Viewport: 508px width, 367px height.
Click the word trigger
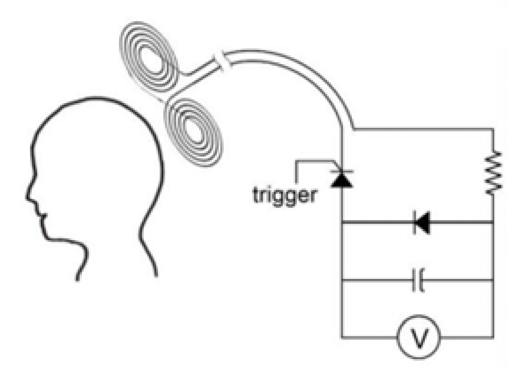[x=284, y=196]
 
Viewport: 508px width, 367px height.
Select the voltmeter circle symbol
[x=419, y=337]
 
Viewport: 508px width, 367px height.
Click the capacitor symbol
[x=418, y=280]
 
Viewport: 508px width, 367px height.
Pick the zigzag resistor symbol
[x=493, y=175]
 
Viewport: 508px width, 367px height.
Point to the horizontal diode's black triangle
[x=423, y=222]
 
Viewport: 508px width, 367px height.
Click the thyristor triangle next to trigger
[x=342, y=180]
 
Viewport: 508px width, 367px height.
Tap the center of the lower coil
[x=194, y=133]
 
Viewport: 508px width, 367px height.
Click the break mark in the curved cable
[x=223, y=61]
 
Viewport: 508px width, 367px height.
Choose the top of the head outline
[x=96, y=97]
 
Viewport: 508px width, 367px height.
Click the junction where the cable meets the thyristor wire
[x=342, y=130]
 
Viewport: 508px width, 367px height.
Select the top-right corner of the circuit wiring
[x=493, y=130]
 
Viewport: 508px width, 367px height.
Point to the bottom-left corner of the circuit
[x=342, y=337]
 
